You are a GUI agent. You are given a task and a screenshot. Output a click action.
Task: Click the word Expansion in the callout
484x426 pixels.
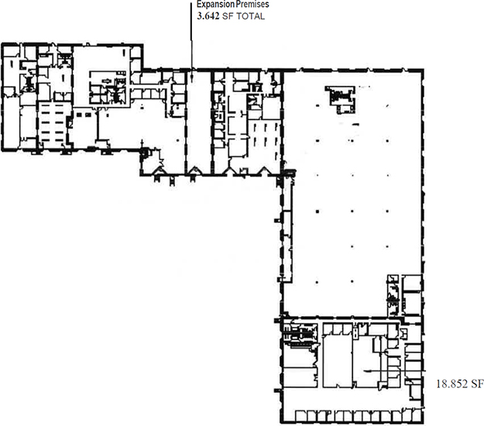pyautogui.click(x=216, y=5)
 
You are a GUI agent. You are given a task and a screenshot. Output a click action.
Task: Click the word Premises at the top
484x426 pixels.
pyautogui.click(x=252, y=5)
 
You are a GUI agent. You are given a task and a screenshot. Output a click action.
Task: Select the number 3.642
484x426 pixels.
pyautogui.click(x=208, y=16)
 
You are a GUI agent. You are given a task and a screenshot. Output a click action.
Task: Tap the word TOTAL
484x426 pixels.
pyautogui.click(x=250, y=16)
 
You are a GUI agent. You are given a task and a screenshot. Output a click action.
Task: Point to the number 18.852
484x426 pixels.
pyautogui.click(x=451, y=383)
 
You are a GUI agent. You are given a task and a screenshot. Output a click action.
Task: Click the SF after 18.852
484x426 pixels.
pyautogui.click(x=477, y=383)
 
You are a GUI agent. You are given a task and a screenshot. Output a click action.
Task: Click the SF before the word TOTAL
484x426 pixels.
pyautogui.click(x=228, y=16)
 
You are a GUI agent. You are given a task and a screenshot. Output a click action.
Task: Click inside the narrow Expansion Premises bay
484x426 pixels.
pyautogui.click(x=199, y=120)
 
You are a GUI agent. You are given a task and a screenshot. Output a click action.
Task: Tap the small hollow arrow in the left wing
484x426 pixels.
pyautogui.click(x=107, y=81)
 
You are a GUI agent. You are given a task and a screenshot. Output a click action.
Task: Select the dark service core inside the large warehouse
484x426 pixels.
pyautogui.click(x=340, y=99)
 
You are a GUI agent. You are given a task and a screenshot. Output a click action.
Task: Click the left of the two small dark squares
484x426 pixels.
pyautogui.click(x=79, y=115)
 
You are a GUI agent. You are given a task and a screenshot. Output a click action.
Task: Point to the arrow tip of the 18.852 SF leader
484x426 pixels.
pyautogui.click(x=366, y=371)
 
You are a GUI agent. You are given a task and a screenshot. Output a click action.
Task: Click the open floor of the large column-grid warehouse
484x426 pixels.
pyautogui.click(x=352, y=191)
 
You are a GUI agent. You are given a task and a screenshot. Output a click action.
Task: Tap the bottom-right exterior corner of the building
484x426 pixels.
pyautogui.click(x=423, y=423)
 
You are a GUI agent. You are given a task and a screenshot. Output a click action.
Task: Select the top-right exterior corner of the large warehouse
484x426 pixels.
pyautogui.click(x=423, y=70)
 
